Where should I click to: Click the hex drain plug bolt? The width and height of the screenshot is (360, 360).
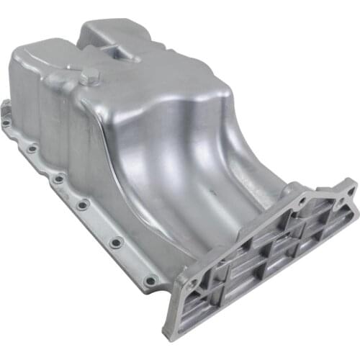(x=90, y=76)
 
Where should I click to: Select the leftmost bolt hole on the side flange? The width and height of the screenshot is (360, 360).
(x=6, y=123)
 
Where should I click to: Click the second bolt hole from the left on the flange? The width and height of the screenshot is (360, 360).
(x=32, y=149)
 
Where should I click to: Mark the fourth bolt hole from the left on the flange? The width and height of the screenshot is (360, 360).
(x=83, y=204)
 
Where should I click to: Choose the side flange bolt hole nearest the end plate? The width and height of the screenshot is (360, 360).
(x=150, y=280)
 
